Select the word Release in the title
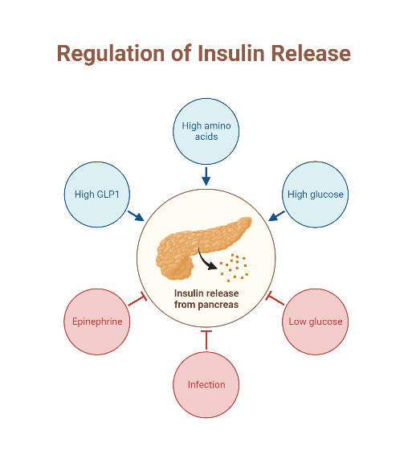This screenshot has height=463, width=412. tap(311, 53)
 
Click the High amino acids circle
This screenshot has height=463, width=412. tap(206, 130)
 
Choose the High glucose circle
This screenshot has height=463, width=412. tap(316, 194)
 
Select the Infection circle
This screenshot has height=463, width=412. tap(206, 384)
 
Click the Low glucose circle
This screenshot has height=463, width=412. tap(316, 322)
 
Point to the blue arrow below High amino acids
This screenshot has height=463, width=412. tap(206, 176)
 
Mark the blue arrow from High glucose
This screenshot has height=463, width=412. tap(277, 215)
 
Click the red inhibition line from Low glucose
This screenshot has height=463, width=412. tap(275, 300)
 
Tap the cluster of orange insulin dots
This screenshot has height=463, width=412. tap(236, 268)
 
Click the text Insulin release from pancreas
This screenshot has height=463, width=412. tap(206, 299)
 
